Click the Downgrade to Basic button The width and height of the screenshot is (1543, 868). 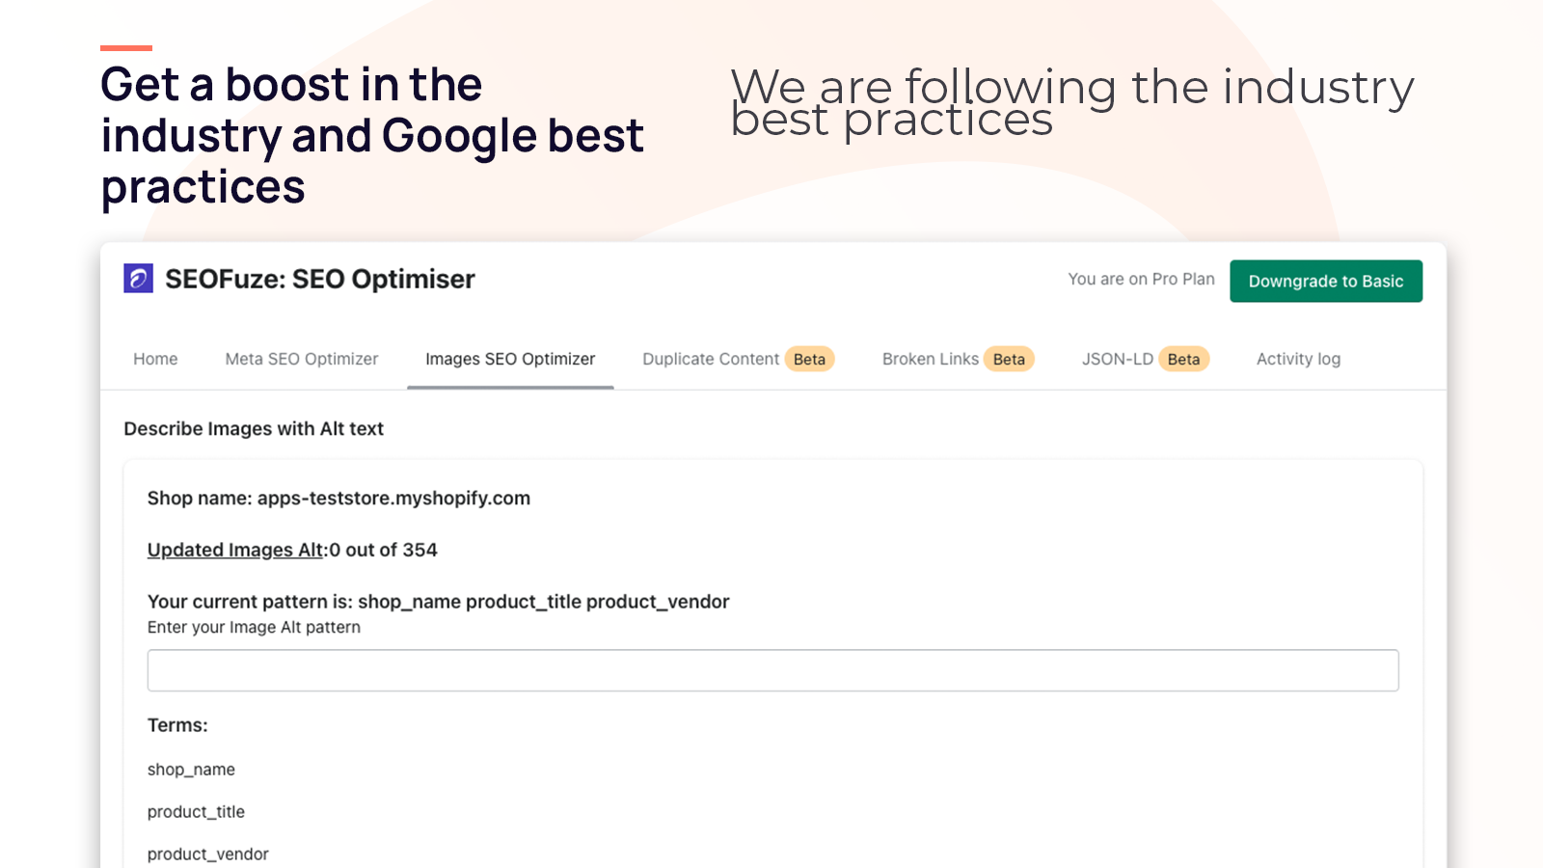tap(1326, 281)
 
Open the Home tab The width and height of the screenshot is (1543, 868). tap(155, 359)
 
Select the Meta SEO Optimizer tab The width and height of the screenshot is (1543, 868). tap(302, 359)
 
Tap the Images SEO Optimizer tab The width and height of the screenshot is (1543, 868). tap(510, 359)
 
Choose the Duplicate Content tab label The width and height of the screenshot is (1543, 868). tap(711, 359)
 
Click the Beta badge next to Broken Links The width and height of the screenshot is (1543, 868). tap(1009, 359)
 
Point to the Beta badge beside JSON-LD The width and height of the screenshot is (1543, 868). tap(1183, 359)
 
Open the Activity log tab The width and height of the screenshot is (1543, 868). tap(1298, 359)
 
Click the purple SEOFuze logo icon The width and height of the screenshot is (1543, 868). tap(139, 279)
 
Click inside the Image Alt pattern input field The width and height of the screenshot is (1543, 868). tap(772, 670)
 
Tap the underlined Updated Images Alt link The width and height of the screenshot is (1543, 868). tap(235, 550)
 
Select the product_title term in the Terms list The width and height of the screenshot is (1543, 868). tap(196, 811)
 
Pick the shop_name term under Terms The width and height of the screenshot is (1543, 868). tap(191, 770)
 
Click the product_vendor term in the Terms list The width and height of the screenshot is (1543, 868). tap(207, 854)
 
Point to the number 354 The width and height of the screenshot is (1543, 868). tap(420, 550)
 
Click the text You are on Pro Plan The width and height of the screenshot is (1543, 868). tap(1142, 279)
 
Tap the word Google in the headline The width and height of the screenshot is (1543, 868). tap(458, 136)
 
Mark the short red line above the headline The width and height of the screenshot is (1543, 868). tap(126, 48)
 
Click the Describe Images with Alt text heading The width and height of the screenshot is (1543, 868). tap(254, 428)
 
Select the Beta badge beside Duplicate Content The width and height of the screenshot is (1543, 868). tap(809, 359)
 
